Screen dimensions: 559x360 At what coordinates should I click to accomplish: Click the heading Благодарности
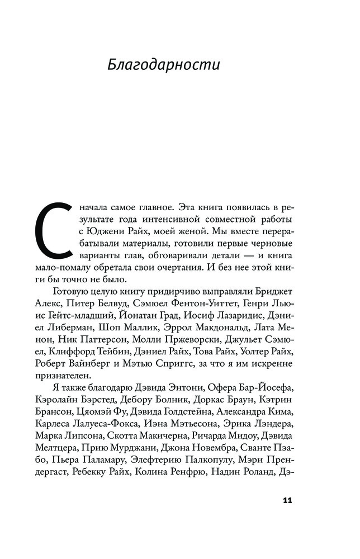click(164, 65)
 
